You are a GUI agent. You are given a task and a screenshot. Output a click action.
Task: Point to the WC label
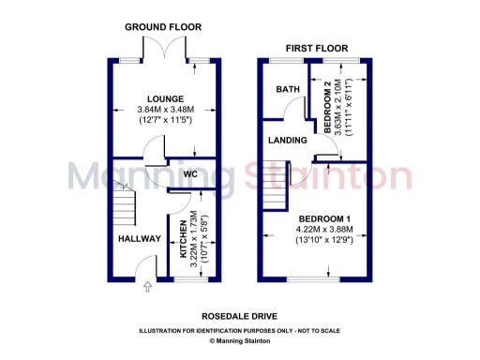pyautogui.click(x=189, y=174)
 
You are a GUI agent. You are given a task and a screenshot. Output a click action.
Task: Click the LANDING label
pyautogui.click(x=287, y=141)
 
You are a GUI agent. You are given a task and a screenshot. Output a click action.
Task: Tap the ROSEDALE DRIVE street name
pyautogui.click(x=239, y=316)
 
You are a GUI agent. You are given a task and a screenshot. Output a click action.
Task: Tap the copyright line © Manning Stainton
pyautogui.click(x=239, y=341)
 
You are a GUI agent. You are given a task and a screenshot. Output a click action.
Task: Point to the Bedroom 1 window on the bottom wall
pyautogui.click(x=314, y=278)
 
